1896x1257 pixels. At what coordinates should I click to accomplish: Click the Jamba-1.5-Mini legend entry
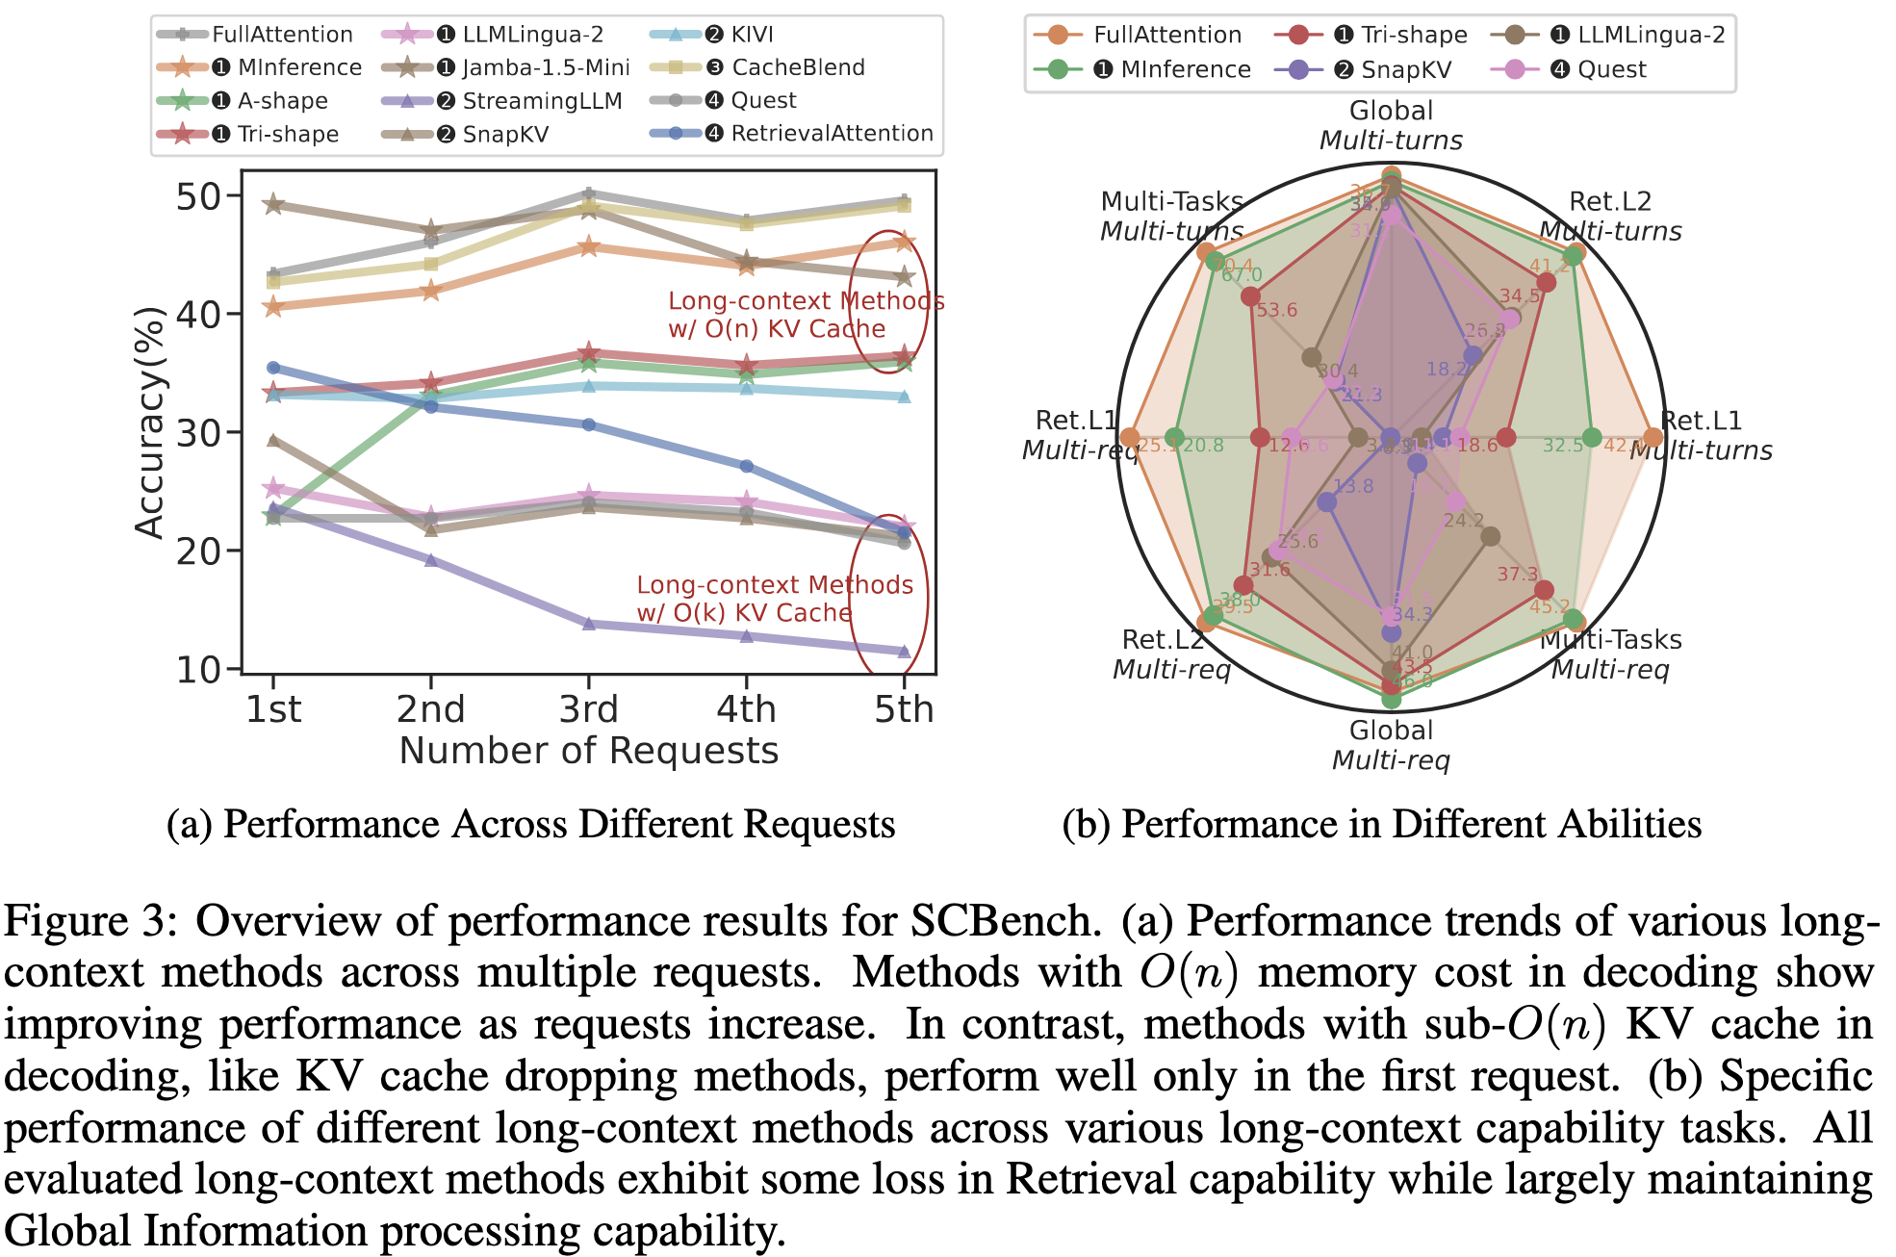[x=545, y=67]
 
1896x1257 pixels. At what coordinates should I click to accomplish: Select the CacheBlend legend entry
[x=798, y=67]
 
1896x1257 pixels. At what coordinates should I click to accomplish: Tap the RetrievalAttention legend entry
[x=832, y=133]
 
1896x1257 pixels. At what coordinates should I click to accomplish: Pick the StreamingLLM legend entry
[x=542, y=101]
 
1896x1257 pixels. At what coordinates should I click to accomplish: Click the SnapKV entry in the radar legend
[x=1405, y=69]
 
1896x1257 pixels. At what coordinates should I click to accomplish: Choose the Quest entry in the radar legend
[x=1611, y=69]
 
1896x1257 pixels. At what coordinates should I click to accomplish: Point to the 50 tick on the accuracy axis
[x=198, y=196]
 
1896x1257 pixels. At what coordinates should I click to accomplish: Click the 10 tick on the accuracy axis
[x=198, y=669]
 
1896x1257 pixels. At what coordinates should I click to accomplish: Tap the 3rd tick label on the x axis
[x=589, y=709]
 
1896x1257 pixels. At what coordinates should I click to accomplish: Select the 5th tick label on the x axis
[x=904, y=709]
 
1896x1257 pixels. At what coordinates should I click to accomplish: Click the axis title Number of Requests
[x=589, y=751]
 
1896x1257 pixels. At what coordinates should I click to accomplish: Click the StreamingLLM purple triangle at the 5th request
[x=904, y=652]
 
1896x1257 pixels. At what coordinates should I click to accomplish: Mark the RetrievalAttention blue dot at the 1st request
[x=273, y=368]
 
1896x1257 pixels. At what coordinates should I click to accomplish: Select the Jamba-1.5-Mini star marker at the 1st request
[x=273, y=204]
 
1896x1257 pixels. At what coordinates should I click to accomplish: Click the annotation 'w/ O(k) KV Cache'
[x=744, y=613]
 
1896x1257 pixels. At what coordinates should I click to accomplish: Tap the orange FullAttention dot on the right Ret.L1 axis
[x=1653, y=438]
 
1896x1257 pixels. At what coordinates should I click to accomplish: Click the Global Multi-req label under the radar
[x=1391, y=745]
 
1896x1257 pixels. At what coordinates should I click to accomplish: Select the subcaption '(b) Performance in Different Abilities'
[x=1381, y=825]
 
